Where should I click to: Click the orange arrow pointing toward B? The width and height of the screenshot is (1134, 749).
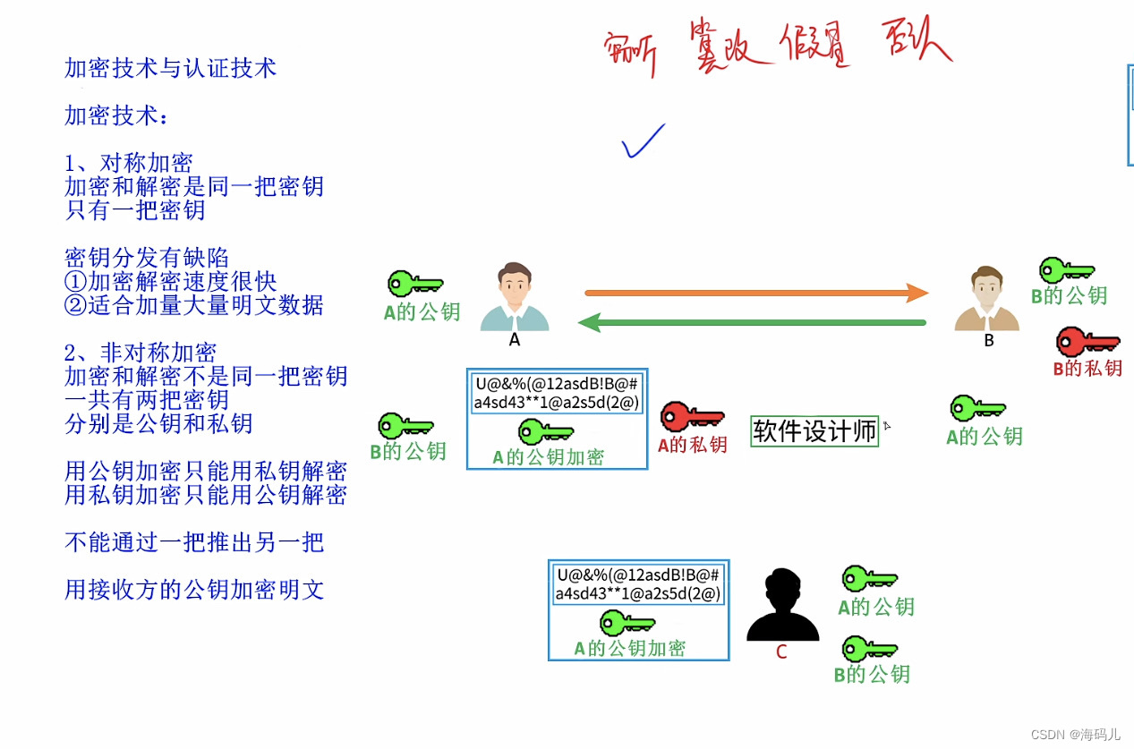pyautogui.click(x=756, y=293)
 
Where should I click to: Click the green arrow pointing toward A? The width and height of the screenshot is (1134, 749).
pyautogui.click(x=752, y=322)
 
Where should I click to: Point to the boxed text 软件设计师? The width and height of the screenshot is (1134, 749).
pyautogui.click(x=814, y=431)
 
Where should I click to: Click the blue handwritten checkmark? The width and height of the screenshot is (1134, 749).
pyautogui.click(x=644, y=141)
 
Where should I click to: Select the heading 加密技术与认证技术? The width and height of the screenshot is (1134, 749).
pyautogui.click(x=170, y=68)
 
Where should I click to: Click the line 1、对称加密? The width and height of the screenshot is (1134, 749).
pyautogui.click(x=129, y=163)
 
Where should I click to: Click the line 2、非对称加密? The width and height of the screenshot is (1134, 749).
pyautogui.click(x=141, y=353)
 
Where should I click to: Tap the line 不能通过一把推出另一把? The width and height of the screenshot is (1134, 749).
pyautogui.click(x=194, y=542)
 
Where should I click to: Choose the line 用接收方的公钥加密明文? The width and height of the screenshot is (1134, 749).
pyautogui.click(x=194, y=590)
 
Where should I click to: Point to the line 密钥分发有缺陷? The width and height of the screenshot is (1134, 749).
pyautogui.click(x=147, y=259)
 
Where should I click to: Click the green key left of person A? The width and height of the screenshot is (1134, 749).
pyautogui.click(x=415, y=285)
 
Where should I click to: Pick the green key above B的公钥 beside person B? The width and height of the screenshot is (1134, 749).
pyautogui.click(x=1067, y=269)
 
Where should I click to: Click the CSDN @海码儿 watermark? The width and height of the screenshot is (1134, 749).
pyautogui.click(x=1075, y=735)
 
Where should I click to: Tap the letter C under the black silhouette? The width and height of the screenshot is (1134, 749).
pyautogui.click(x=781, y=652)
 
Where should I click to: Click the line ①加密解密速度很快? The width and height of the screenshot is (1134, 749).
pyautogui.click(x=171, y=282)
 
